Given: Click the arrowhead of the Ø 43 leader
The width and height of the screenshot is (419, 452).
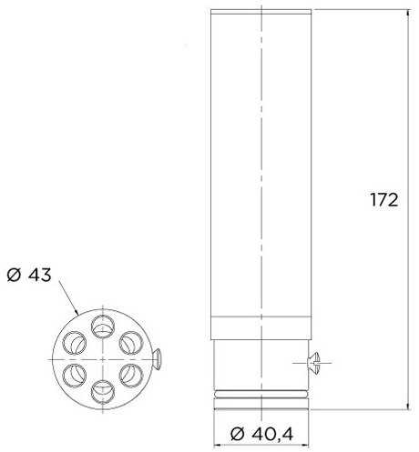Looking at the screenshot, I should (x=77, y=315).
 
